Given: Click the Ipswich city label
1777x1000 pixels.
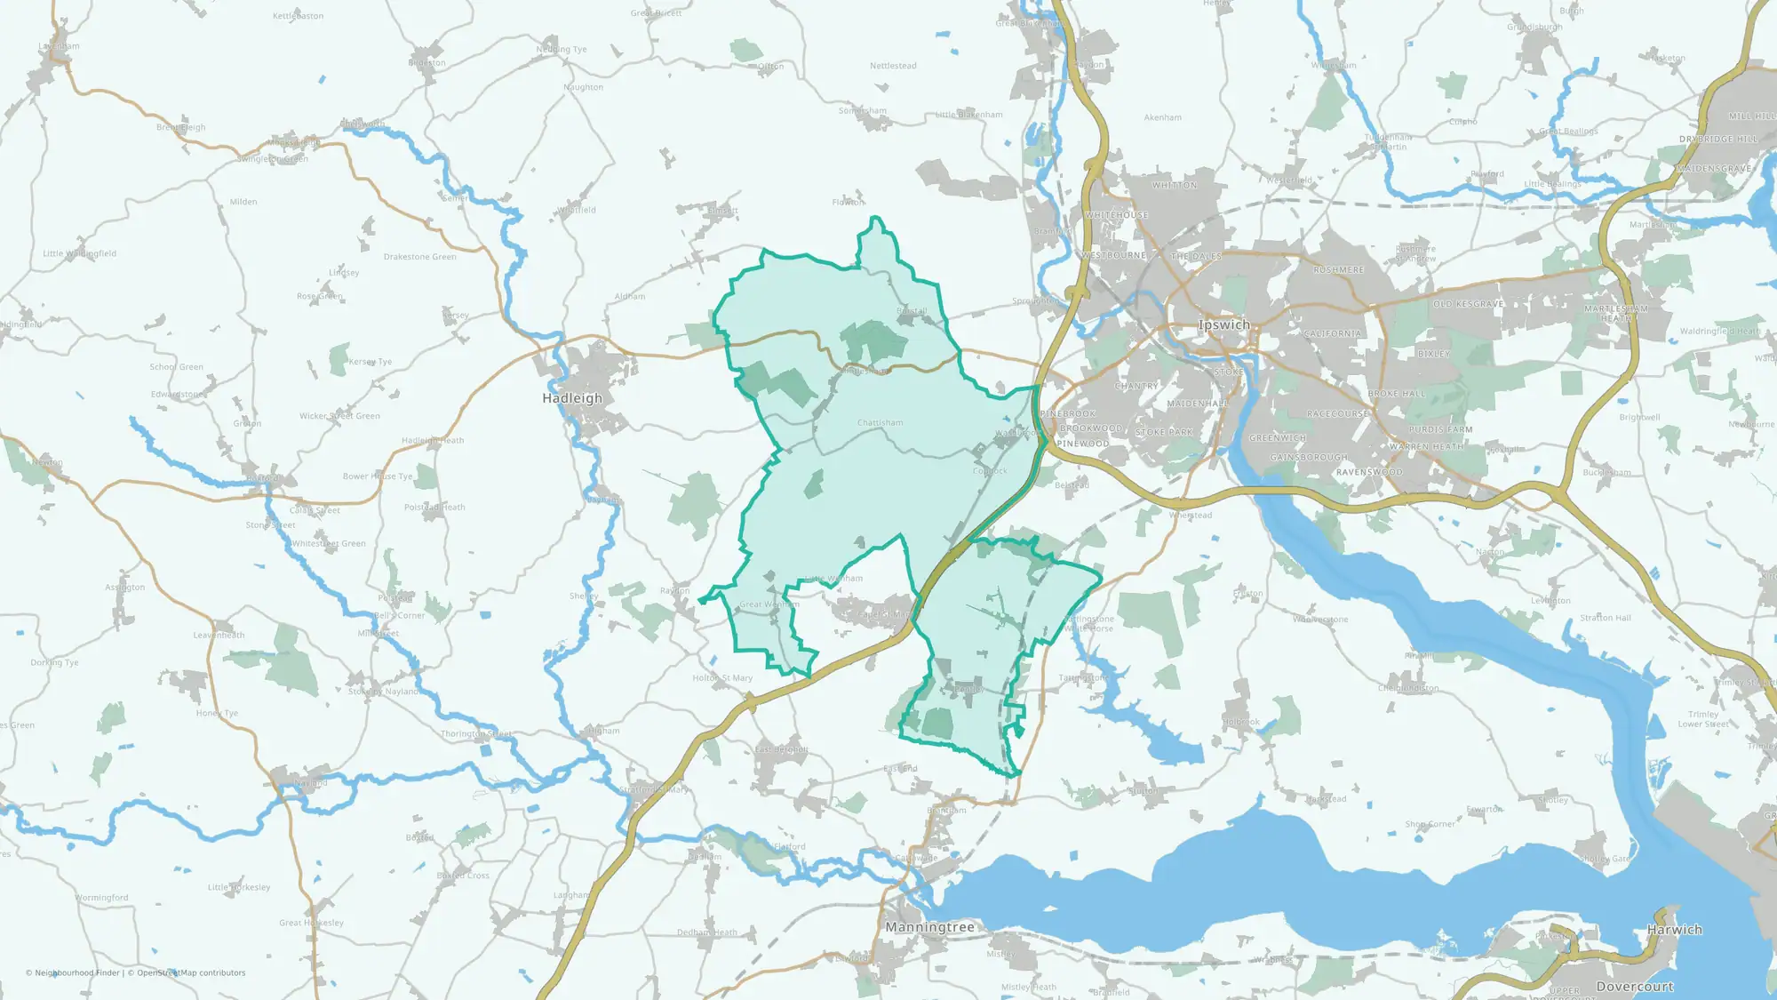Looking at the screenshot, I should coord(1223,325).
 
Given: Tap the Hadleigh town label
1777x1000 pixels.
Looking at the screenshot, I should coord(572,398).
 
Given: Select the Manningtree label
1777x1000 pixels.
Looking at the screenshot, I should coord(929,927).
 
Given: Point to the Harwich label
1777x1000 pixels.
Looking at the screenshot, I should coord(1674,930).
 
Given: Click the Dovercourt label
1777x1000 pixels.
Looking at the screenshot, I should coord(1634,987).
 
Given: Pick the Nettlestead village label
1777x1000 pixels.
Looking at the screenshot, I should coord(893,66).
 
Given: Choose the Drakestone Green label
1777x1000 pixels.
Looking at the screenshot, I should coord(419,257).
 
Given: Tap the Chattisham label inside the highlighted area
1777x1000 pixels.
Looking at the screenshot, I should coord(880,423).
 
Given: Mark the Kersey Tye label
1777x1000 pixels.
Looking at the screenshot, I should coord(370,362).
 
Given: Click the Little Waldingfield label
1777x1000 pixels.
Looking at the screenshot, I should coord(79,253).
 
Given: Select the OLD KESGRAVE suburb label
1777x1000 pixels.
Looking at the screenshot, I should coord(1468,304).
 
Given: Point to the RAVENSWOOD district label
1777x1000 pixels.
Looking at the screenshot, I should coord(1369,472).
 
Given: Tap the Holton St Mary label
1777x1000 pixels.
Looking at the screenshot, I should coord(721,678).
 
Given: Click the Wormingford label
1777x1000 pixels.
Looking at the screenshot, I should coord(101,898).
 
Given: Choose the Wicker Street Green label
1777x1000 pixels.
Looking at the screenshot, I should coord(339,416).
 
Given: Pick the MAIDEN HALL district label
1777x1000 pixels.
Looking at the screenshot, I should coord(1198,404).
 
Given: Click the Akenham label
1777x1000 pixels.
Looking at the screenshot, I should coord(1162,117).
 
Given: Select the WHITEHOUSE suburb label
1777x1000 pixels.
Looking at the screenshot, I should coord(1116,215).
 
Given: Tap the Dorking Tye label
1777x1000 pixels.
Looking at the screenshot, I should coord(54,662).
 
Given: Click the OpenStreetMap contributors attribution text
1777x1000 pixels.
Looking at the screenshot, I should coord(191,973).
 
